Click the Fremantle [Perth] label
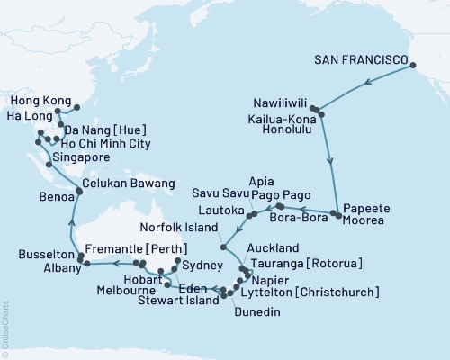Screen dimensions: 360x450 137,248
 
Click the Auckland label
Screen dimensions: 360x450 274,247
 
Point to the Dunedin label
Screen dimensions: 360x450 258,311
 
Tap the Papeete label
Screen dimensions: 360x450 368,208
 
